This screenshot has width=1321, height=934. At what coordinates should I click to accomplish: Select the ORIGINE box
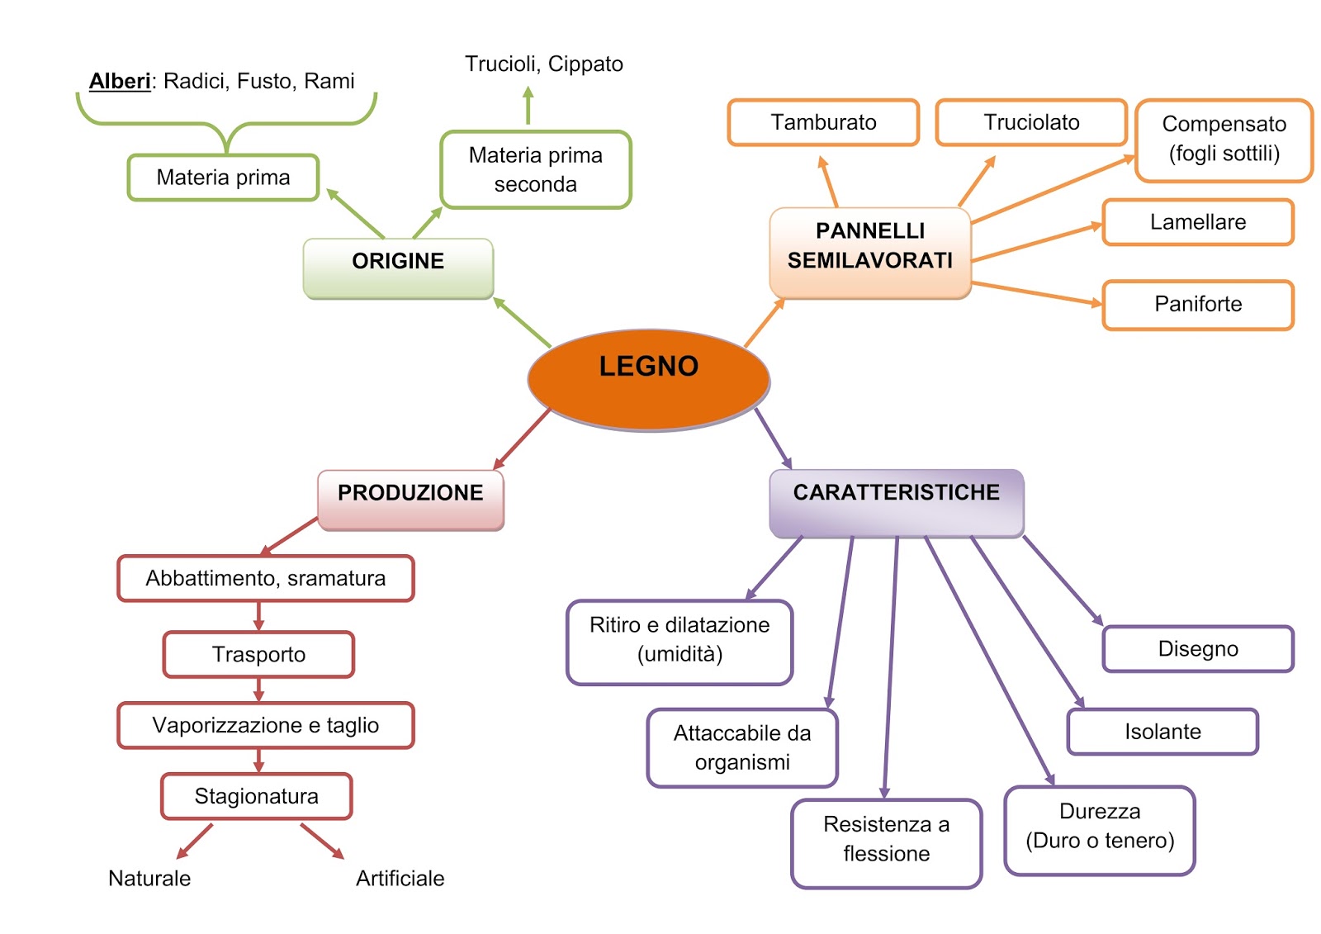398,268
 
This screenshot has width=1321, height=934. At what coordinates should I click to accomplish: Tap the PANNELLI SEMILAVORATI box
869,252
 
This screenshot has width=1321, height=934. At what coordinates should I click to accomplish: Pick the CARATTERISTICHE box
896,502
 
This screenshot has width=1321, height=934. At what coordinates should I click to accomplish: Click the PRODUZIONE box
410,500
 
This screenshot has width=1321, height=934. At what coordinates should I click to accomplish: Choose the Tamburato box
823,122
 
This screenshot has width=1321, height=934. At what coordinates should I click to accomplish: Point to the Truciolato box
1030,122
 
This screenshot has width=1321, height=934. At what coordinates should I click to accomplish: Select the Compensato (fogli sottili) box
1224,140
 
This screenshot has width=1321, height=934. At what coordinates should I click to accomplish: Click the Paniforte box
1197,305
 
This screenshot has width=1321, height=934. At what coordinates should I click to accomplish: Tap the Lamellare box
1197,222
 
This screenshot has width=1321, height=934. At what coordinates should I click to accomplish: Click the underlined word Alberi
120,81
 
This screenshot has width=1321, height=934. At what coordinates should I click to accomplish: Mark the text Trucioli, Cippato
543,64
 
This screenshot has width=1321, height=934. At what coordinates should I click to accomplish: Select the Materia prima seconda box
535,169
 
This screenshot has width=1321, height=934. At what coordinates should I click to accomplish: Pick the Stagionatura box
256,796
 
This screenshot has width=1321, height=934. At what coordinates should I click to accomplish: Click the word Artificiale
400,878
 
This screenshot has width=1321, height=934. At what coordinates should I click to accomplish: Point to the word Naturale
149,878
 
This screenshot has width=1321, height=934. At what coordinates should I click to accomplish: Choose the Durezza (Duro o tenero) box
1099,829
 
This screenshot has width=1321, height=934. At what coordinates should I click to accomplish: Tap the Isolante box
1162,732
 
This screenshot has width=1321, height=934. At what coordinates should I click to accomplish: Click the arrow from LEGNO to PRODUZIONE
522,439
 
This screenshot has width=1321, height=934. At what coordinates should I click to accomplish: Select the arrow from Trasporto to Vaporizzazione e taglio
258,690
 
